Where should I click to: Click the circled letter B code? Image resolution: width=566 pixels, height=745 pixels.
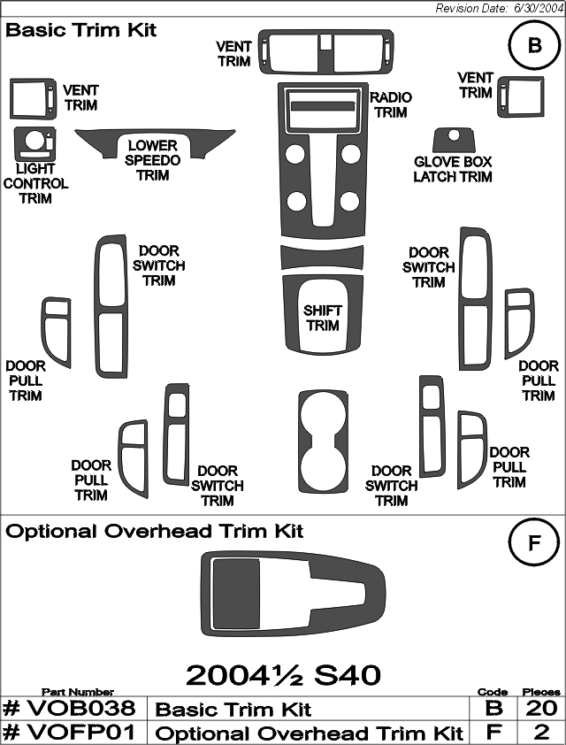click(x=534, y=45)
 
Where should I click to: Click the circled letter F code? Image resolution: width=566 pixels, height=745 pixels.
click(x=534, y=542)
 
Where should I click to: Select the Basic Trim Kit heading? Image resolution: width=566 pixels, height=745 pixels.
click(x=80, y=30)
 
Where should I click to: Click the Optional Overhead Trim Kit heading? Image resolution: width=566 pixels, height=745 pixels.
click(x=154, y=531)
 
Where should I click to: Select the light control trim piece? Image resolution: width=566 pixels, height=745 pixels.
click(x=24, y=144)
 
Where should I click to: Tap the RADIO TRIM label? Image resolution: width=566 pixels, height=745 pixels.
click(x=390, y=105)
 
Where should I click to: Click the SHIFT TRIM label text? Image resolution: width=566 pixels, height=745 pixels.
click(x=323, y=318)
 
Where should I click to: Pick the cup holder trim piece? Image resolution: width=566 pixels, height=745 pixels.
click(x=304, y=442)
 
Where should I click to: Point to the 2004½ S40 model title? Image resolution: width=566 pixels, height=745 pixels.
click(x=283, y=675)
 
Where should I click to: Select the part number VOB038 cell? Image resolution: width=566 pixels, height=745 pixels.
click(x=69, y=709)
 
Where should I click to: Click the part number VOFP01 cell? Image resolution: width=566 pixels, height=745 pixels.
click(x=69, y=733)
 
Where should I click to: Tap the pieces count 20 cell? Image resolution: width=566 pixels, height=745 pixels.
click(x=541, y=709)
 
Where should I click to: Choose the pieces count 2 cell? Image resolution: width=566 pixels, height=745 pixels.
click(x=541, y=733)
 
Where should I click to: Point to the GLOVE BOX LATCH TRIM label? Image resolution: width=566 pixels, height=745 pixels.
click(x=453, y=169)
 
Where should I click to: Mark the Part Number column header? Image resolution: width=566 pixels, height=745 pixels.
click(x=78, y=692)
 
